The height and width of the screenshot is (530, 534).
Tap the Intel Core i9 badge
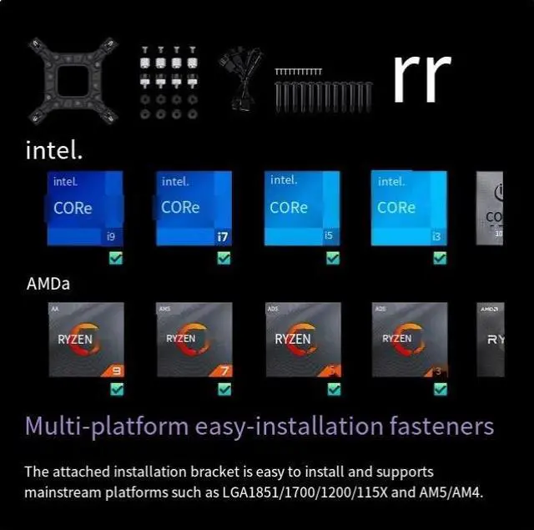(85, 208)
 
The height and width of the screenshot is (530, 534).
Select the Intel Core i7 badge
(194, 208)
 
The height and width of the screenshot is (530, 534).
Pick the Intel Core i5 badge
(302, 208)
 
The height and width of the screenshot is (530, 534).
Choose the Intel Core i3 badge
(409, 208)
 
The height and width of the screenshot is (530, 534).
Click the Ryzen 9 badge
(85, 340)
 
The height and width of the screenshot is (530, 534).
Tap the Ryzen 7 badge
(194, 340)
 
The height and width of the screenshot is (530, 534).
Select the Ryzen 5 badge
(303, 340)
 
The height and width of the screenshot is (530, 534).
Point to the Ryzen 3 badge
(410, 340)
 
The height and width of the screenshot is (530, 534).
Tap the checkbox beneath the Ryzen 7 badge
(224, 389)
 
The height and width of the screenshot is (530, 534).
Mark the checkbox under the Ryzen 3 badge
(441, 389)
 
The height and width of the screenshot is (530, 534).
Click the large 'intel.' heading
(53, 151)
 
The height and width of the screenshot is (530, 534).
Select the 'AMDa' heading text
(48, 284)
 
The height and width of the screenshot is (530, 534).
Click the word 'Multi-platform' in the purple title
(106, 427)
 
